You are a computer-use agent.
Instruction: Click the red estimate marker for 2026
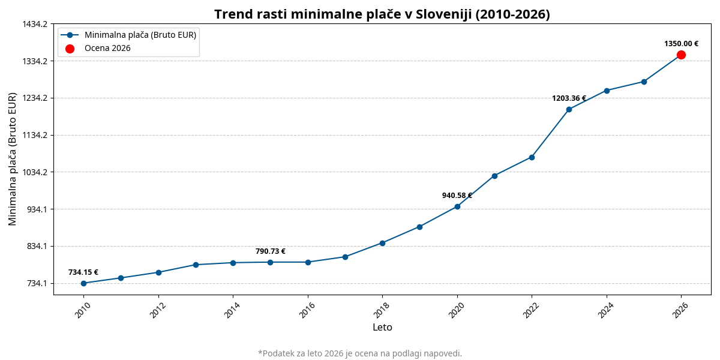[x=681, y=55]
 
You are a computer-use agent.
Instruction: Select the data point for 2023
[x=569, y=109]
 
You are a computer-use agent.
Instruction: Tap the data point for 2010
[x=83, y=283]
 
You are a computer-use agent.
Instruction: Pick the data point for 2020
[x=457, y=206]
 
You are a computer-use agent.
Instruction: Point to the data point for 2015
[x=270, y=262]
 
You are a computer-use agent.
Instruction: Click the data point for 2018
[x=382, y=243]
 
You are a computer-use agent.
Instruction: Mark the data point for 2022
[x=532, y=157]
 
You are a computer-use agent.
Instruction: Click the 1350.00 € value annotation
[x=681, y=44]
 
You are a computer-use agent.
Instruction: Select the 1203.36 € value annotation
[x=569, y=98]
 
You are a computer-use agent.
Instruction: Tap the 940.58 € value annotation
[x=457, y=196]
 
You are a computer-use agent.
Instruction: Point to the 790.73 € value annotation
[x=270, y=251]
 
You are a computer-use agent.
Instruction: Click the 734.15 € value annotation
[x=83, y=272]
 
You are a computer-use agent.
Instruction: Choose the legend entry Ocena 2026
[x=107, y=49]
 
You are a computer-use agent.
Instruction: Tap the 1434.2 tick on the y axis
[x=35, y=24]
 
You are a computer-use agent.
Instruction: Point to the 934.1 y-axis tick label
[x=37, y=209]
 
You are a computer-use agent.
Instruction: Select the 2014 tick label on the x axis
[x=232, y=310]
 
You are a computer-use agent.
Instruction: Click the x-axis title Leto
[x=382, y=328]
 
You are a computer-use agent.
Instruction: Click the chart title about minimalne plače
[x=382, y=14]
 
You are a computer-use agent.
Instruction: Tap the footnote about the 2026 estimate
[x=360, y=353]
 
